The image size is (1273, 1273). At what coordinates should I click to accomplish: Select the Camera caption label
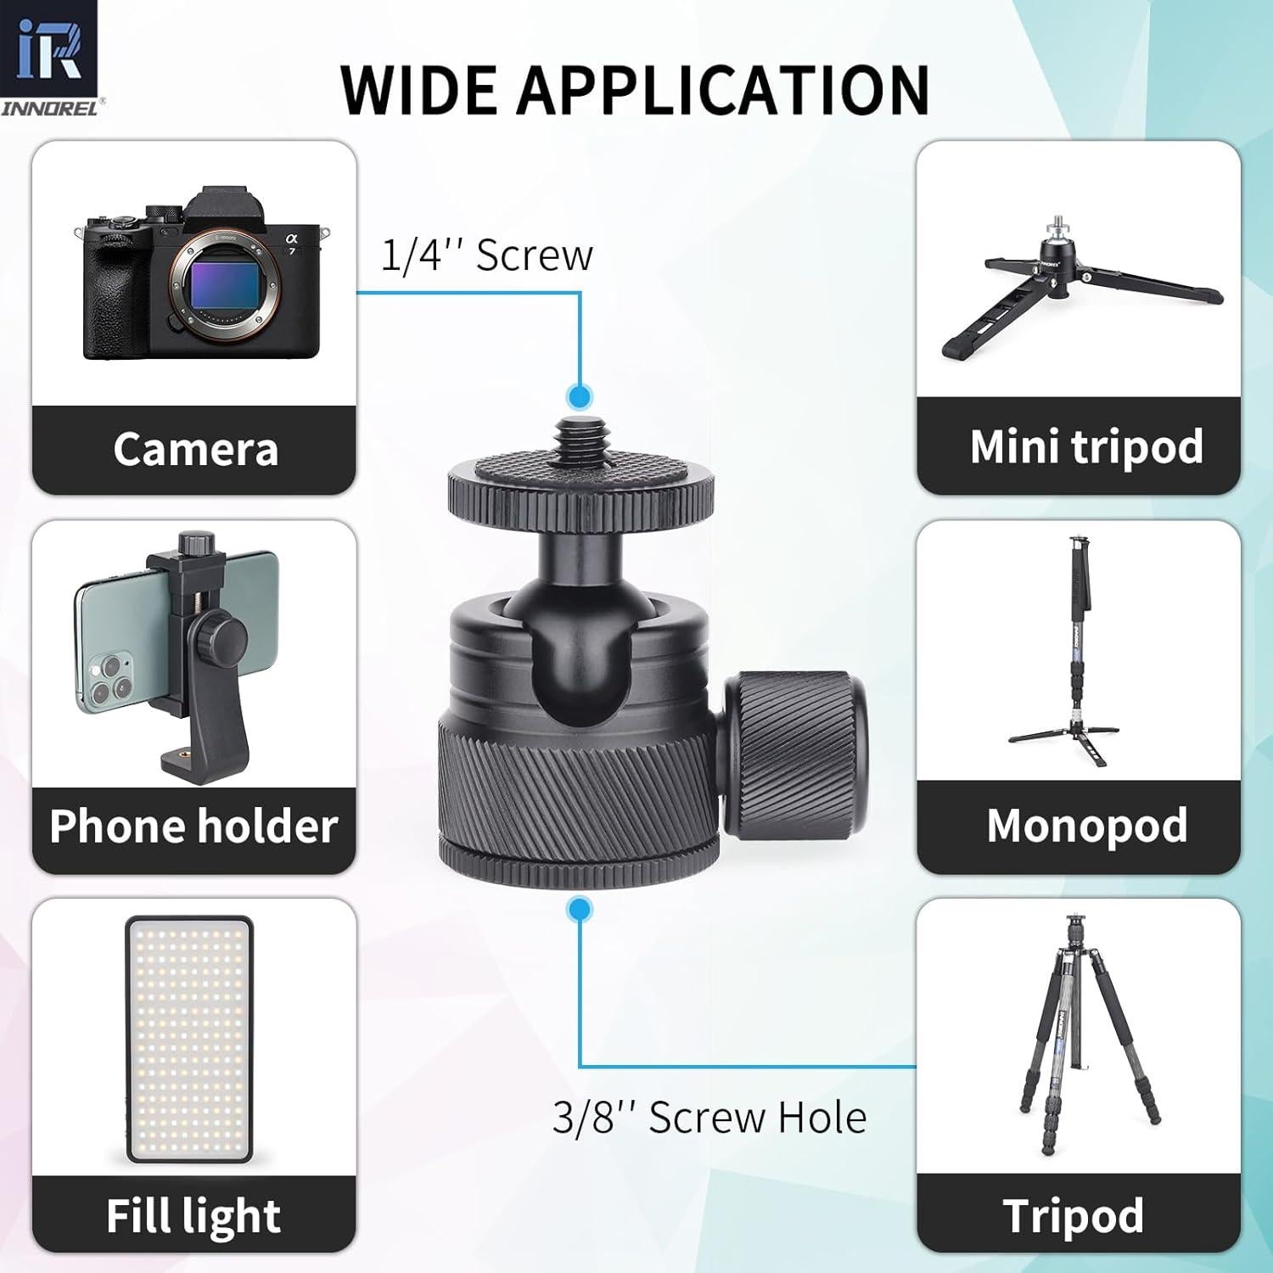click(195, 449)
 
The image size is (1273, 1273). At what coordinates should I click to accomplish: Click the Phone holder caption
click(193, 826)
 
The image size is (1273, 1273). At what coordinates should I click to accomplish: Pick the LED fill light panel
click(189, 1039)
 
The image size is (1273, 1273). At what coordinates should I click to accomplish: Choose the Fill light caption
click(193, 1215)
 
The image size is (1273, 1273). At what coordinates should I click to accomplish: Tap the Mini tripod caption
click(1086, 446)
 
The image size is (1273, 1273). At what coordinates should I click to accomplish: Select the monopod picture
click(1078, 653)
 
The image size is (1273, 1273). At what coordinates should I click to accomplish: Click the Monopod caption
click(1086, 825)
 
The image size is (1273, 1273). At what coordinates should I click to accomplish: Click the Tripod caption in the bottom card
click(1073, 1215)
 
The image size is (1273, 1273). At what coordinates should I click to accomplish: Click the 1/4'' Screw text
click(486, 255)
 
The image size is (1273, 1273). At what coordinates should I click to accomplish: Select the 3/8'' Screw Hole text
click(709, 1118)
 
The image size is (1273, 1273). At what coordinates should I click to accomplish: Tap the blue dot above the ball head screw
click(580, 396)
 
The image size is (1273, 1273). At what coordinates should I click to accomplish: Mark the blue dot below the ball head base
click(580, 911)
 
